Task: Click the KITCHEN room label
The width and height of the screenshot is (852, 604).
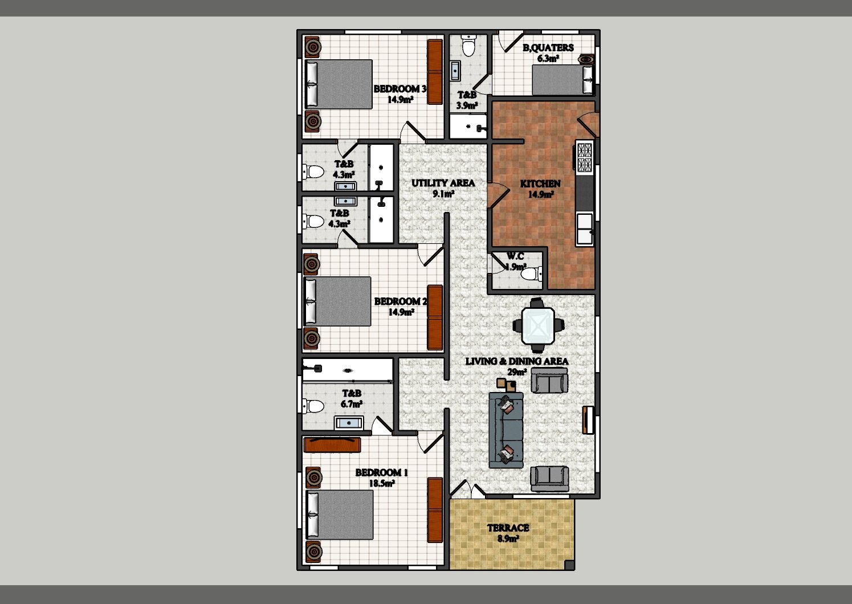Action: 540,183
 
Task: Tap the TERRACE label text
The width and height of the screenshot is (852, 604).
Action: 508,528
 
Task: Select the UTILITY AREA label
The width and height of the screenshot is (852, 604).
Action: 443,183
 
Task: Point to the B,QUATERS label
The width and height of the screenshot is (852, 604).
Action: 548,47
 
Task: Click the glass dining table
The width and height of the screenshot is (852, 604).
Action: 538,325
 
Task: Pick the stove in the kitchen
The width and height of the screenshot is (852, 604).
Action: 584,156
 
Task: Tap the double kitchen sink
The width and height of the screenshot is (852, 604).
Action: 585,229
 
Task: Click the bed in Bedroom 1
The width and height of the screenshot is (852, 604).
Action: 340,514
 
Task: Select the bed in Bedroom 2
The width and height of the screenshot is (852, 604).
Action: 337,301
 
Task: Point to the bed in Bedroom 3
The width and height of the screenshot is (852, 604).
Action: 339,84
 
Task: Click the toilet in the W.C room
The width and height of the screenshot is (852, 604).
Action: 532,273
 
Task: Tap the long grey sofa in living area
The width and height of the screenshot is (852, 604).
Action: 506,430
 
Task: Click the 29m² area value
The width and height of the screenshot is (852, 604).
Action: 517,372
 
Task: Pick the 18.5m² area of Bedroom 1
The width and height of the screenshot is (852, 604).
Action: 381,483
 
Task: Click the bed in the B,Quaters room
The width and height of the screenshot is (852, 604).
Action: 562,80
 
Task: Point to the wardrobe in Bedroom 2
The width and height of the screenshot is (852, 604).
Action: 435,317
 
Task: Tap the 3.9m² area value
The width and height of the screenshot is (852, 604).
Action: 467,106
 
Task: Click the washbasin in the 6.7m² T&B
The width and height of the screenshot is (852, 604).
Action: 349,423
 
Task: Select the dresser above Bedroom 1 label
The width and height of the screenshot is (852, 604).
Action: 332,445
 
